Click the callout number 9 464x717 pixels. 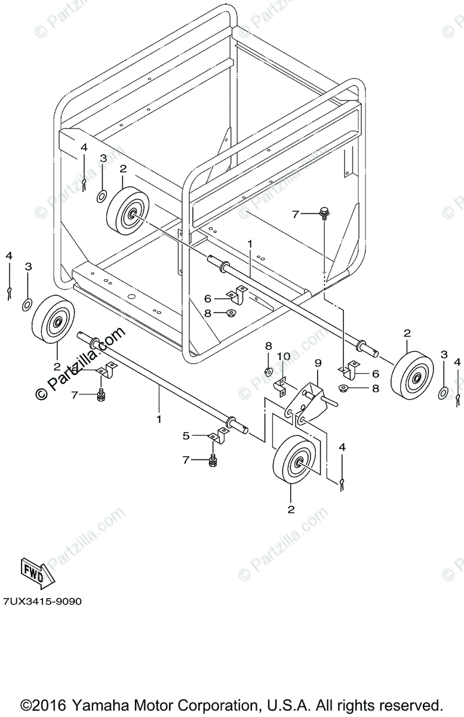click(x=318, y=363)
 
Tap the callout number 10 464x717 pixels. click(x=284, y=357)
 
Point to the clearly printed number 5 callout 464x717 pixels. click(x=186, y=436)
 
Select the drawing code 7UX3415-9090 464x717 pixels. click(x=42, y=601)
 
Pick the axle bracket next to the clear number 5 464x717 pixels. click(x=216, y=439)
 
